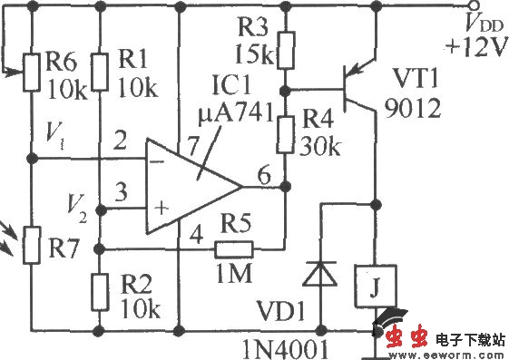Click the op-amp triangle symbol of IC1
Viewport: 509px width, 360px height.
pyautogui.click(x=191, y=185)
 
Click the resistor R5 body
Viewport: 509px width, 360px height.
pyautogui.click(x=234, y=247)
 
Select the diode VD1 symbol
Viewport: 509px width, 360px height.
pyautogui.click(x=318, y=271)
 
